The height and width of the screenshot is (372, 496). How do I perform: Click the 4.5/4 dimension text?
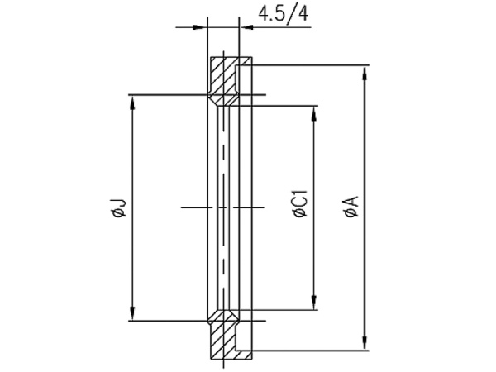coord(283,14)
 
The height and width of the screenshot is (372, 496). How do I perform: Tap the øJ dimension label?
coord(117,207)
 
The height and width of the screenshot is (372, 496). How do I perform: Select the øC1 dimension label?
coord(301,203)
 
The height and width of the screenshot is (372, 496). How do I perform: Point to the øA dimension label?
coord(352,206)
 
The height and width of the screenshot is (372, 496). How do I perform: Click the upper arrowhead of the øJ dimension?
coord(132,102)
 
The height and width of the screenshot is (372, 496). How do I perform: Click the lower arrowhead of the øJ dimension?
coord(132,313)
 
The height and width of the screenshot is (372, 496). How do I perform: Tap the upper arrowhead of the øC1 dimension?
coord(314,113)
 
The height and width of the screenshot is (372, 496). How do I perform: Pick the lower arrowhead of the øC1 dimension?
coord(314,303)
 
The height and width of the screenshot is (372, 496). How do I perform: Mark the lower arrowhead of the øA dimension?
coord(365,343)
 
